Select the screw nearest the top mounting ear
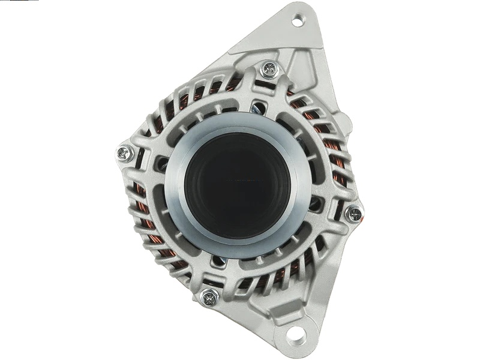click(x=268, y=70)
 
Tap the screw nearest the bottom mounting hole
click(x=209, y=295)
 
